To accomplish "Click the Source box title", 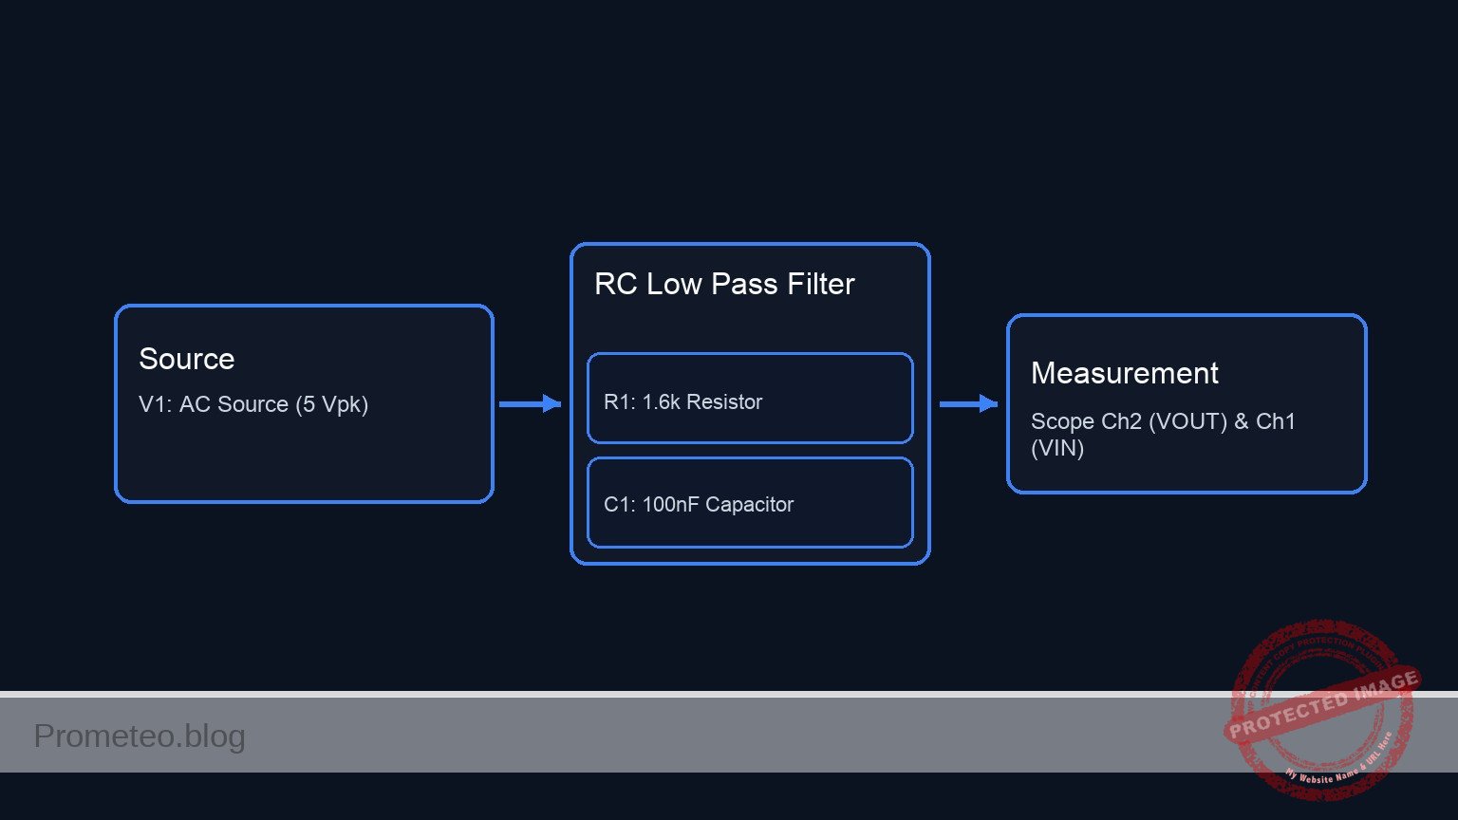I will point(186,359).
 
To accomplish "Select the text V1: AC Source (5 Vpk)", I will point(252,404).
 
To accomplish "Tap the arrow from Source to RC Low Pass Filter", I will point(530,404).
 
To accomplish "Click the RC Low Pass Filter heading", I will point(724,284).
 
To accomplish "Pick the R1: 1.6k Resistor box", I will point(750,399).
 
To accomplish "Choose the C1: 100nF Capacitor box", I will point(750,503).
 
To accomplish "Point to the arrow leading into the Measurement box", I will point(968,404).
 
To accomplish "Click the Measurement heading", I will point(1124,373).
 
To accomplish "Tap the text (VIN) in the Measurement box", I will point(1056,448).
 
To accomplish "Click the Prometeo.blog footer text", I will point(140,736).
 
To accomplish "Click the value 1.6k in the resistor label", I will point(661,402).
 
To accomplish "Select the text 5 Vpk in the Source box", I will point(330,404).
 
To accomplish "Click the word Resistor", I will point(724,402).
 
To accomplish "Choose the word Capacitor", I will point(749,505).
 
